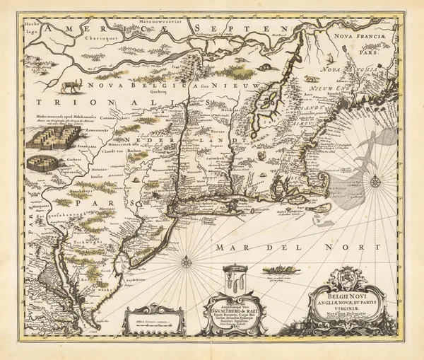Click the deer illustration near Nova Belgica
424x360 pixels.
(x=71, y=86)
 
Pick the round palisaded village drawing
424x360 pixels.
(x=44, y=163)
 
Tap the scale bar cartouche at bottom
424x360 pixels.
(x=153, y=319)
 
